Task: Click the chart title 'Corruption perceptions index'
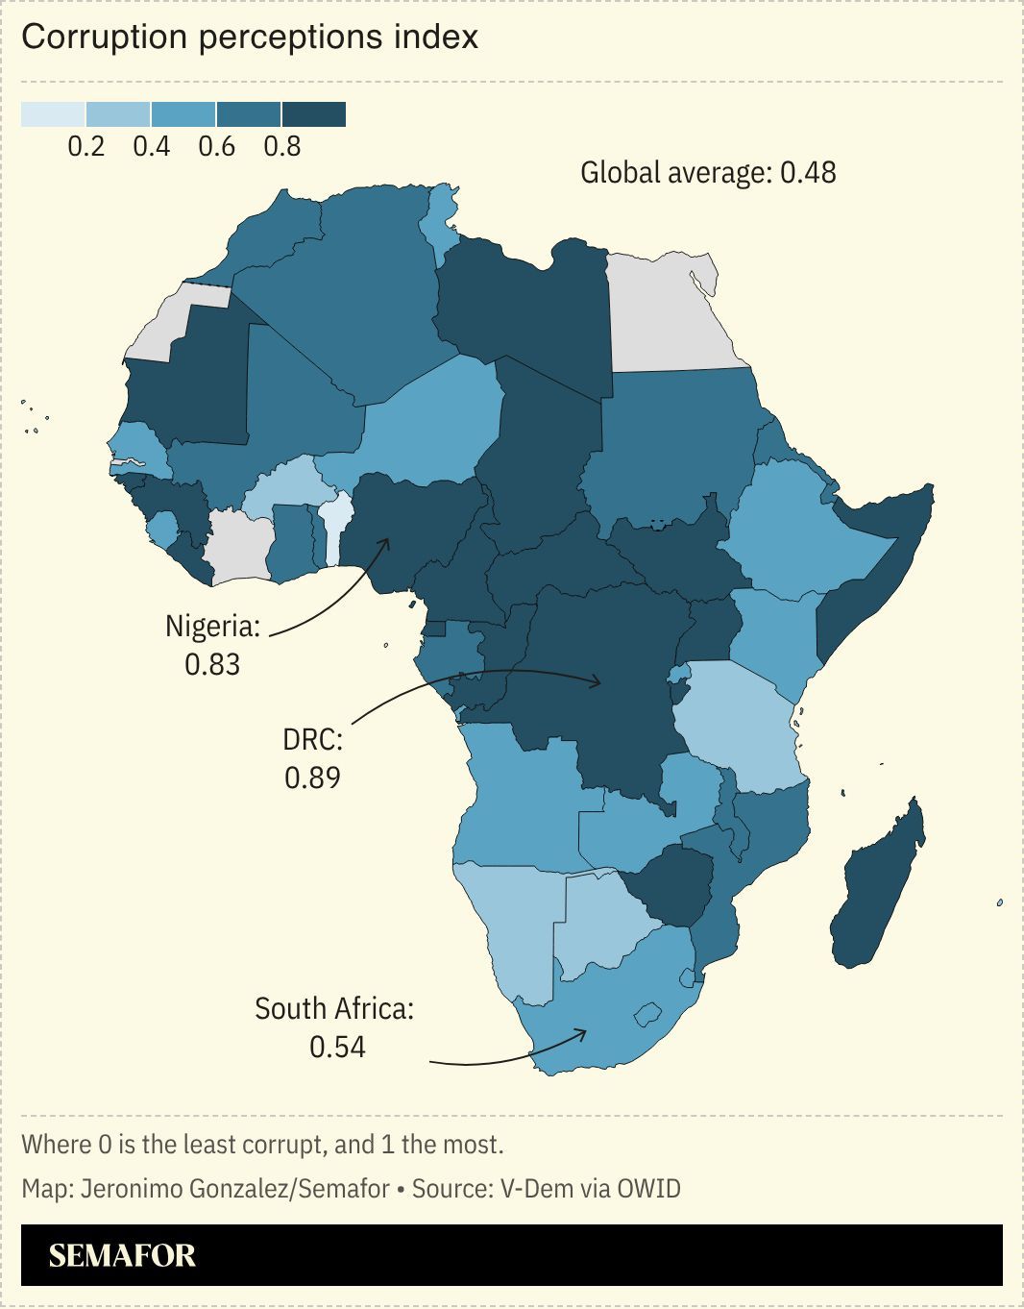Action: (x=250, y=37)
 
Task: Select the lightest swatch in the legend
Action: (x=53, y=114)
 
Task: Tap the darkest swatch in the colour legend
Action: (x=313, y=114)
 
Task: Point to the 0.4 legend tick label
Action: (x=152, y=147)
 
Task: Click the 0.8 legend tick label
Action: (x=282, y=147)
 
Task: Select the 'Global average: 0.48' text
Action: (x=708, y=173)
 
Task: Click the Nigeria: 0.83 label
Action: (x=212, y=645)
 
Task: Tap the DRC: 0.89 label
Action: (x=312, y=758)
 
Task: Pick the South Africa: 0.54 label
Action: (x=334, y=1027)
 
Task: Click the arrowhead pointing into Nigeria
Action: (x=386, y=541)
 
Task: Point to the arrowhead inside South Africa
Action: (x=583, y=1032)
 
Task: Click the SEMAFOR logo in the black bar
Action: (x=122, y=1255)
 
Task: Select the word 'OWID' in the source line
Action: (x=648, y=1189)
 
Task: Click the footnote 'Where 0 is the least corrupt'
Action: (x=262, y=1145)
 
